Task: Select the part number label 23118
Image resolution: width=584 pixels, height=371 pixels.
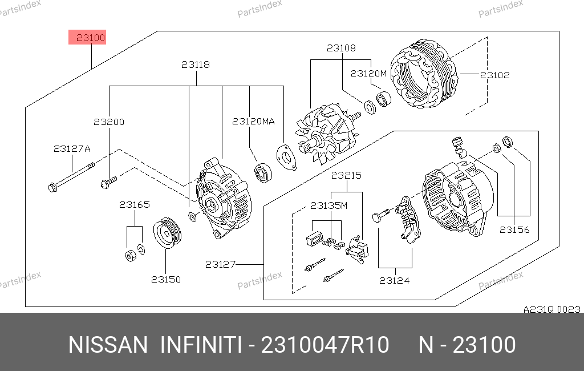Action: tap(196, 64)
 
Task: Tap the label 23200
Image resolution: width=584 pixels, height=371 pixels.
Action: tap(109, 122)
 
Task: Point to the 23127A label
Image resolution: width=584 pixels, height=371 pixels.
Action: tap(72, 149)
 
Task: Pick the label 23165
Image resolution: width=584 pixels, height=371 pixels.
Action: tap(135, 205)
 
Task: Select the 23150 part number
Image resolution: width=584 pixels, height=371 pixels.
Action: tap(166, 279)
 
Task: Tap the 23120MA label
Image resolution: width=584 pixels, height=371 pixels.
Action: tap(253, 121)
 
